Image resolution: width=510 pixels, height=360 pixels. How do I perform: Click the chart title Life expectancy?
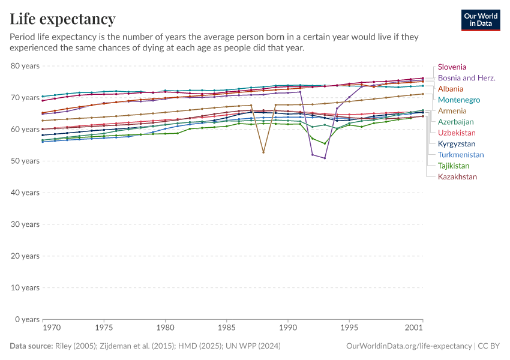coord(63,19)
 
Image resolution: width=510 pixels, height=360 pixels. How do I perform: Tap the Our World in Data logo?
coord(480,20)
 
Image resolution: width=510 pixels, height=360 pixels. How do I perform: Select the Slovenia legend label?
coord(452,67)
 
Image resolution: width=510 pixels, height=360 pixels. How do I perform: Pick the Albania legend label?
coord(451,89)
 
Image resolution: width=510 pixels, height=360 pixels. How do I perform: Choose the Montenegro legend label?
coord(459,100)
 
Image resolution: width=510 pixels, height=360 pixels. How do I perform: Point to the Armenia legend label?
coord(452,111)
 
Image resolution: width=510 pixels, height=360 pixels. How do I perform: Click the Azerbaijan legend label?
coord(456,122)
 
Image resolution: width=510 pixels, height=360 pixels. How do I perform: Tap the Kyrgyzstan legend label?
coord(457,144)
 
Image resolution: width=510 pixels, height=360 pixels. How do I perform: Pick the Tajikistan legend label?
coord(454,166)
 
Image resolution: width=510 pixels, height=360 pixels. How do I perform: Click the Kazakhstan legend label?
coord(457,177)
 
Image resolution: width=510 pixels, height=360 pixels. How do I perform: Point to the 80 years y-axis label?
coord(25,66)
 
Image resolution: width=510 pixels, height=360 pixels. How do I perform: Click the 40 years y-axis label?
coord(25,193)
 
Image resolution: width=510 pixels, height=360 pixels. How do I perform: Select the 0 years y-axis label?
coord(28,319)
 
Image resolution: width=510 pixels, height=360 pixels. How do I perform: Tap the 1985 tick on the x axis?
coord(227,328)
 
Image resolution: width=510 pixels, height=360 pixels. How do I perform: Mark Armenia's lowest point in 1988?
coord(263,152)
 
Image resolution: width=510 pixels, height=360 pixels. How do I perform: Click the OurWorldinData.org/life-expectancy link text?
coord(409,346)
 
